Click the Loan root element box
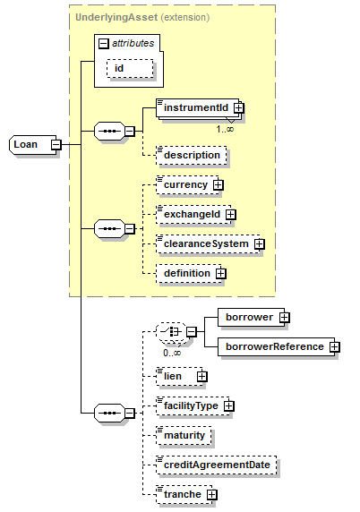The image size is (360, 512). click(32, 145)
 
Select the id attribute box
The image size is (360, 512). click(130, 69)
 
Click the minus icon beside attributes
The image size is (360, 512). click(104, 44)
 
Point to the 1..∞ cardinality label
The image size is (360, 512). click(225, 129)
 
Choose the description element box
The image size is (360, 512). click(192, 156)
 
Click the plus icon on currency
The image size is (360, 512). click(218, 185)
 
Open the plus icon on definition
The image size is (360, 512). click(221, 273)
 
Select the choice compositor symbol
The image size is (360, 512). click(172, 332)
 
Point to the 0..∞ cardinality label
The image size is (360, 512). click(172, 353)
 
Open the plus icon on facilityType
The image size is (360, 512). click(229, 405)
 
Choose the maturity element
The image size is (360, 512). click(184, 436)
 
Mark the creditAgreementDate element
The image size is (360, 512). click(216, 465)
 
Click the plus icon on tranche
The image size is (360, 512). click(212, 495)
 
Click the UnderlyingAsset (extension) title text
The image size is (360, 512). click(142, 17)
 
